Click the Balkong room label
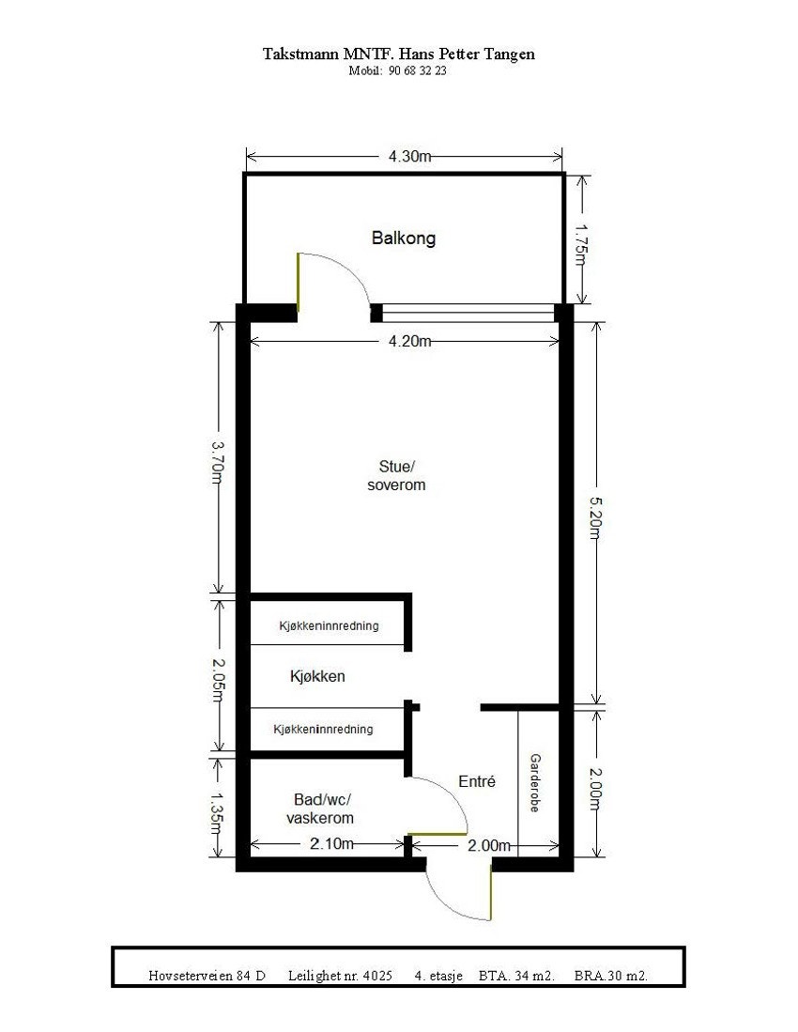click(404, 239)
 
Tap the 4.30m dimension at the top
click(409, 157)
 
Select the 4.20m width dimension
click(409, 342)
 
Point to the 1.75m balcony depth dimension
click(581, 244)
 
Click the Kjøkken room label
click(317, 676)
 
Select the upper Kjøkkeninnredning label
click(329, 626)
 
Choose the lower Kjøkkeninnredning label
click(323, 729)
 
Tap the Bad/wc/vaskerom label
click(321, 809)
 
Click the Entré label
click(476, 781)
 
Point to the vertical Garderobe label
click(535, 782)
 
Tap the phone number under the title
click(398, 70)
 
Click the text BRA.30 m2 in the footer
click(610, 976)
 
